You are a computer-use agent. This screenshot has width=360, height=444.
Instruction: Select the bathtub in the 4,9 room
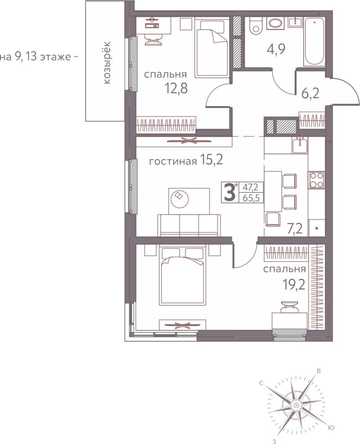(314, 42)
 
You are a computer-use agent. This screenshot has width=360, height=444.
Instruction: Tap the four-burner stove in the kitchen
(316, 180)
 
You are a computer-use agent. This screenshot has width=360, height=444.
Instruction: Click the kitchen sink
(300, 145)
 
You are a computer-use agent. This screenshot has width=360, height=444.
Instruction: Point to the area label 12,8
(176, 89)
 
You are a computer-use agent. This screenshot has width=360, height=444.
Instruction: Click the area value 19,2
(294, 285)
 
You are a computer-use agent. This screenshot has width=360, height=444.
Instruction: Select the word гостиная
(173, 161)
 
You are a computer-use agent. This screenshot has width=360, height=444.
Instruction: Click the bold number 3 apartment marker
(229, 192)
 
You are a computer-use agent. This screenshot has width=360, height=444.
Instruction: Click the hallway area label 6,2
(310, 93)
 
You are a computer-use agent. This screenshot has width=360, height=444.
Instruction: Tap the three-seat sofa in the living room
(189, 225)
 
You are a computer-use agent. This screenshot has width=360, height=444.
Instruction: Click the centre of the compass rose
(296, 405)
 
